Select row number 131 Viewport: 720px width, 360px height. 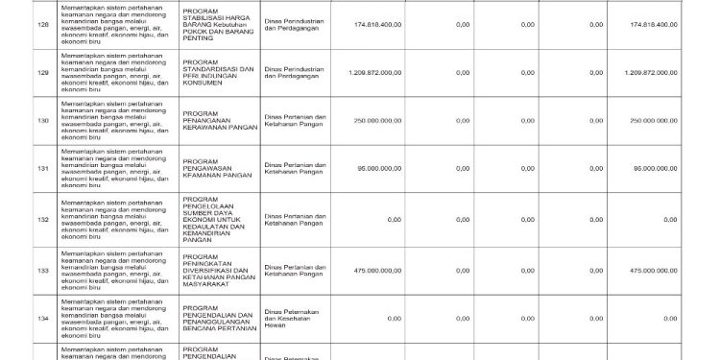pos(41,169)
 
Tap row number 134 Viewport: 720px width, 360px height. pos(41,318)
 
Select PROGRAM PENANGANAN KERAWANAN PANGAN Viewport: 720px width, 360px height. pos(218,120)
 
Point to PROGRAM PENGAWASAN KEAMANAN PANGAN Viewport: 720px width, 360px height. pos(218,169)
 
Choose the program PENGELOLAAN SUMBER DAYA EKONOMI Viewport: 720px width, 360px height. pos(218,220)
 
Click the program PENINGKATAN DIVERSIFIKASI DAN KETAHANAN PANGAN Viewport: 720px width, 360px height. pos(218,272)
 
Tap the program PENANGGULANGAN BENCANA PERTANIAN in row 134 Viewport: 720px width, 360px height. pos(218,318)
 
